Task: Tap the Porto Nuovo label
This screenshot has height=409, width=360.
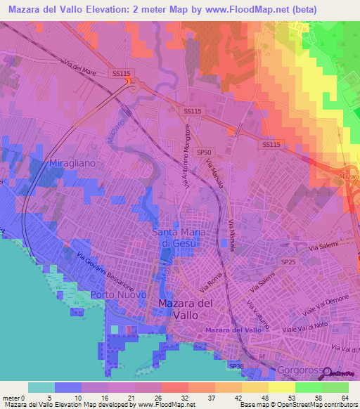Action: (x=118, y=294)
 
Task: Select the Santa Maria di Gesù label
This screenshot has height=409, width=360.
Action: (x=176, y=237)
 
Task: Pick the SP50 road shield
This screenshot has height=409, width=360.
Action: (x=204, y=151)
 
